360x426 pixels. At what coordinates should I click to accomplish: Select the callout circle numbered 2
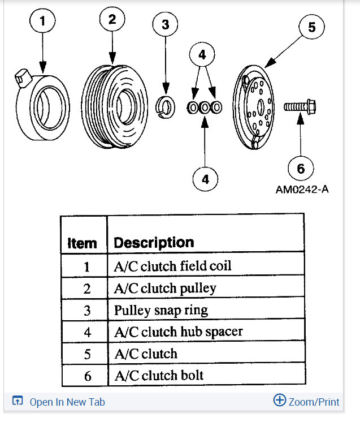[x=112, y=21]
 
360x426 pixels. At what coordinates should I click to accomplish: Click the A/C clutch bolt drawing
[x=300, y=106]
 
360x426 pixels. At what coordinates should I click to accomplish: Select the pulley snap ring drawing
[x=166, y=105]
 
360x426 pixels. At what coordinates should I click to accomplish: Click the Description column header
[x=154, y=243]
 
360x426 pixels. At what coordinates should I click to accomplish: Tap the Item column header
[x=83, y=243]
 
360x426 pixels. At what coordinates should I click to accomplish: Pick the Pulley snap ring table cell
[x=161, y=310]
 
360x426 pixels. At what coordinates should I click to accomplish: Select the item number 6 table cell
[x=86, y=375]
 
